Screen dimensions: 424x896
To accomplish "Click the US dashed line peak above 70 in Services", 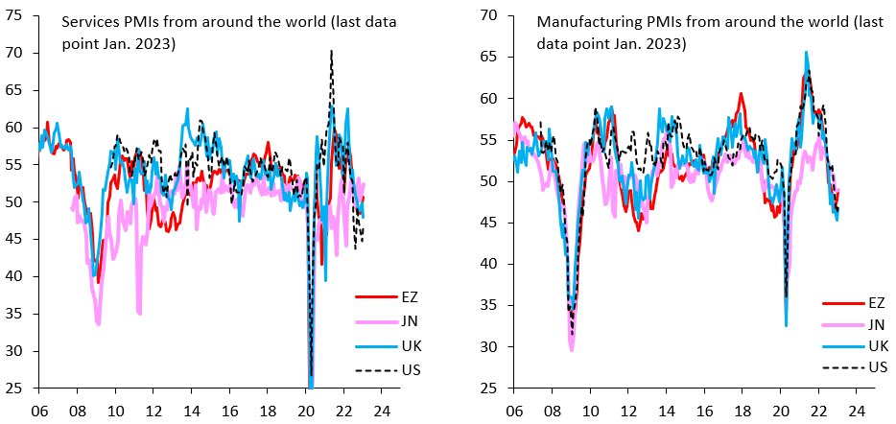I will (331, 52).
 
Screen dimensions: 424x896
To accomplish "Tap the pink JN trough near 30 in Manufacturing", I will (572, 349).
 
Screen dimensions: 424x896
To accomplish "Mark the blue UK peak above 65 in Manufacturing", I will (806, 53).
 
